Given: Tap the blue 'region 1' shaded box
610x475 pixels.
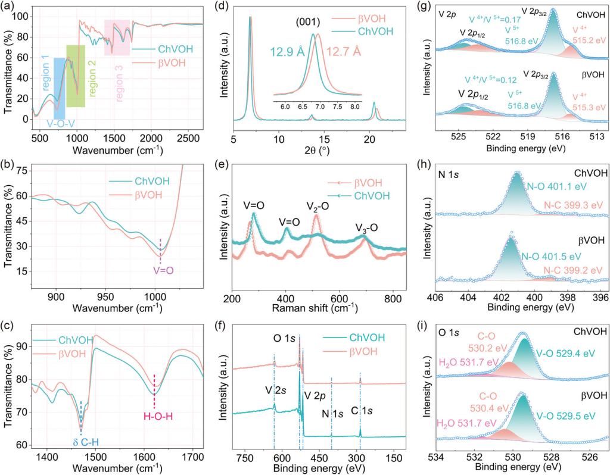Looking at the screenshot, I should pos(60,83).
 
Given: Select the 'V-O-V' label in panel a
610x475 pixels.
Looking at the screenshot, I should pos(60,124).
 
